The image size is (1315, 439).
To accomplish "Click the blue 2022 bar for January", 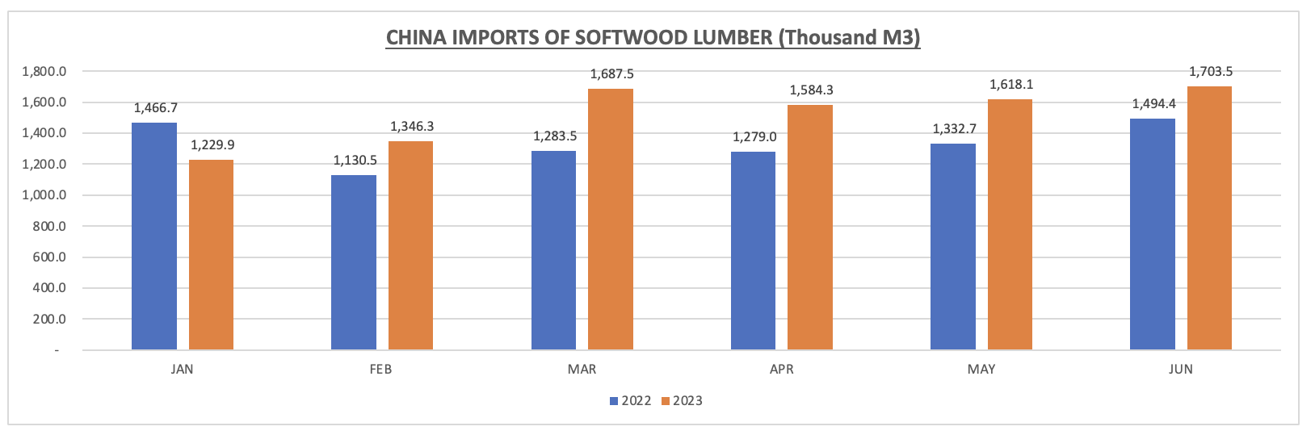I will coord(154,236).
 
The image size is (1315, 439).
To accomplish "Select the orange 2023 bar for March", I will coord(611,219).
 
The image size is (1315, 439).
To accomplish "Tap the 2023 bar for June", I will coord(1209,218).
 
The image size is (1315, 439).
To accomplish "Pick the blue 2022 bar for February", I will coord(354,262).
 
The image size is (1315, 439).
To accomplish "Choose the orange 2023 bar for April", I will coord(810,228).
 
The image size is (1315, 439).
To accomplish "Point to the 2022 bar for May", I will coord(953,247).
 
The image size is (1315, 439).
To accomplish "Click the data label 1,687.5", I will coord(611,74).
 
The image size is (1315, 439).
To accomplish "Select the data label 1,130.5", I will coord(355,161).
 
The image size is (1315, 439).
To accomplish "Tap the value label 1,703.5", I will coord(1210,72).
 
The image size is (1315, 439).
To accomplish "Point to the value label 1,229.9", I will coord(212,145).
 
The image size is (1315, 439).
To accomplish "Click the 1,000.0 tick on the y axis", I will coord(44,195).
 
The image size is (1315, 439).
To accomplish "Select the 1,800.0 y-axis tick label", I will coord(44,72).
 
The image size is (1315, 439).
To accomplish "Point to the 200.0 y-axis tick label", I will coord(48,320).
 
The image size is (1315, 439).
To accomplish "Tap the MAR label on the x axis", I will coord(582,370).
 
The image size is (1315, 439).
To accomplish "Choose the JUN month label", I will coord(1180,370).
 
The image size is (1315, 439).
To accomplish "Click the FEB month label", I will coord(381,370).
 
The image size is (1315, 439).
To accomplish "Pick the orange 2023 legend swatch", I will coord(666,401).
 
